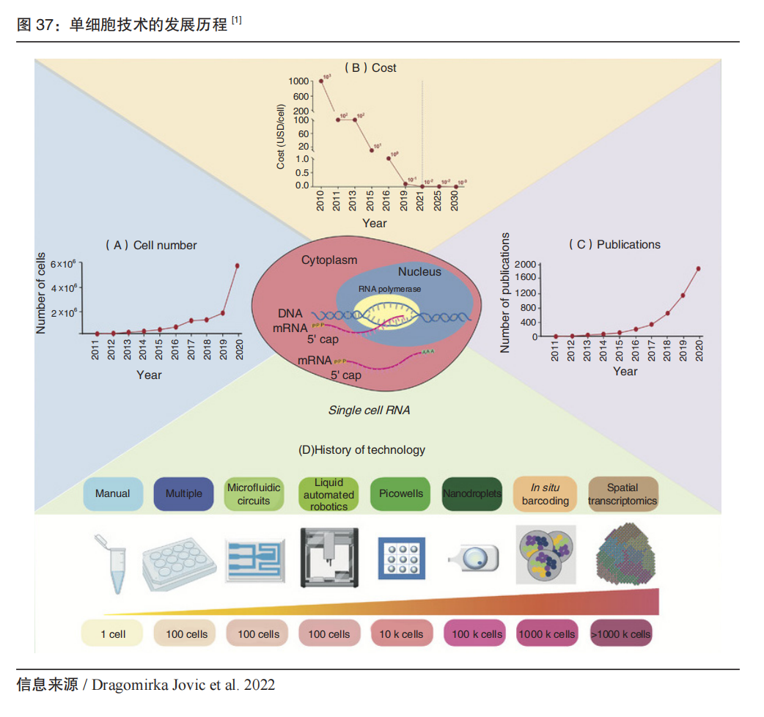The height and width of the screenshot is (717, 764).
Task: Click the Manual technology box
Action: pos(112,493)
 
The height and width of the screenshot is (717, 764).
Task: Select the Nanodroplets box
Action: pos(472,493)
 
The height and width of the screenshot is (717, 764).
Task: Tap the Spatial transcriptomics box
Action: pos(622,494)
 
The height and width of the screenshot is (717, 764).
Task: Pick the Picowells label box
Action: pos(401,493)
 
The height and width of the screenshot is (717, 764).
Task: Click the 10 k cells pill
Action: pos(401,634)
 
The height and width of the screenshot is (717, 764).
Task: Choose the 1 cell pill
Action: pos(112,634)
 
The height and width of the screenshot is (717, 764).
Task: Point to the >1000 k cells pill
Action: pos(621,634)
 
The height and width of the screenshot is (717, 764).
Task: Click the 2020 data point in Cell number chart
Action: pos(237,265)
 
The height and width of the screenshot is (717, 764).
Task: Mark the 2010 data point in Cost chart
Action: pos(321,81)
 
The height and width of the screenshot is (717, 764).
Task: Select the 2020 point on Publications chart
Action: pos(698,268)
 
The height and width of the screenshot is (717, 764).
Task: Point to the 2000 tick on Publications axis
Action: pos(524,263)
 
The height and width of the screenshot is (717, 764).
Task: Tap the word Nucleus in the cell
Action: pos(419,271)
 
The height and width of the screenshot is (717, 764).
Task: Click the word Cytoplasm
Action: pos(329,260)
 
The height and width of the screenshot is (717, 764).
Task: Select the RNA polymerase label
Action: pos(389,289)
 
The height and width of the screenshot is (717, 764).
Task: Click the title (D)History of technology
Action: pos(361,449)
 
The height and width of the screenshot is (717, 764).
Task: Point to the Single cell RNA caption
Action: pos(369,410)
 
